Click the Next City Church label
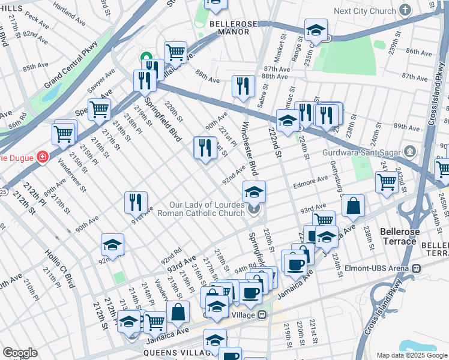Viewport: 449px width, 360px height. [x=364, y=11]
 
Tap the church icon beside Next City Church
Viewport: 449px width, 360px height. [x=406, y=10]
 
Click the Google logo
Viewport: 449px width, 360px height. [x=20, y=353]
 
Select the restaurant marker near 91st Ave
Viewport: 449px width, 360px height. [x=136, y=202]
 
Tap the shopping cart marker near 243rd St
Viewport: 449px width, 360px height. [x=387, y=182]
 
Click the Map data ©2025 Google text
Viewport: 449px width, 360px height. [x=411, y=355]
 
